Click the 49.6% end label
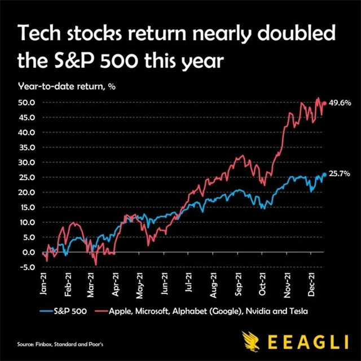pyautogui.click(x=340, y=103)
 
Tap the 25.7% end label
pyautogui.click(x=340, y=174)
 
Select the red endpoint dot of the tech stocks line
pyautogui.click(x=324, y=103)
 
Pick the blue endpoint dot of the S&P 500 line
pyautogui.click(x=324, y=174)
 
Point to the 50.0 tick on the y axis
pyautogui.click(x=28, y=103)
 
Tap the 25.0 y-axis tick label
pyautogui.click(x=28, y=177)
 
